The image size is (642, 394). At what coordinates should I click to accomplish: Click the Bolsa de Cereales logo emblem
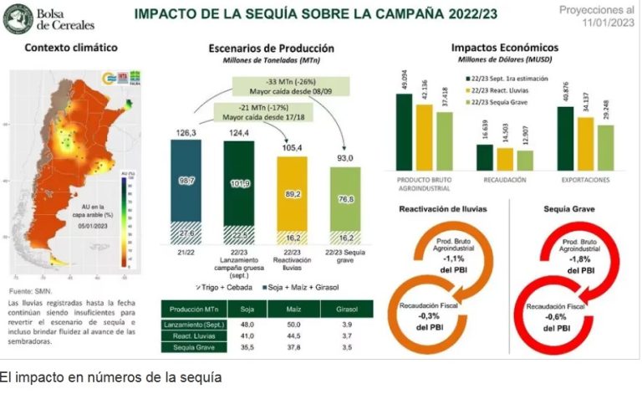[x=18, y=18]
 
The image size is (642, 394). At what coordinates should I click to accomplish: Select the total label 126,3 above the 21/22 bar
[x=186, y=132]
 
